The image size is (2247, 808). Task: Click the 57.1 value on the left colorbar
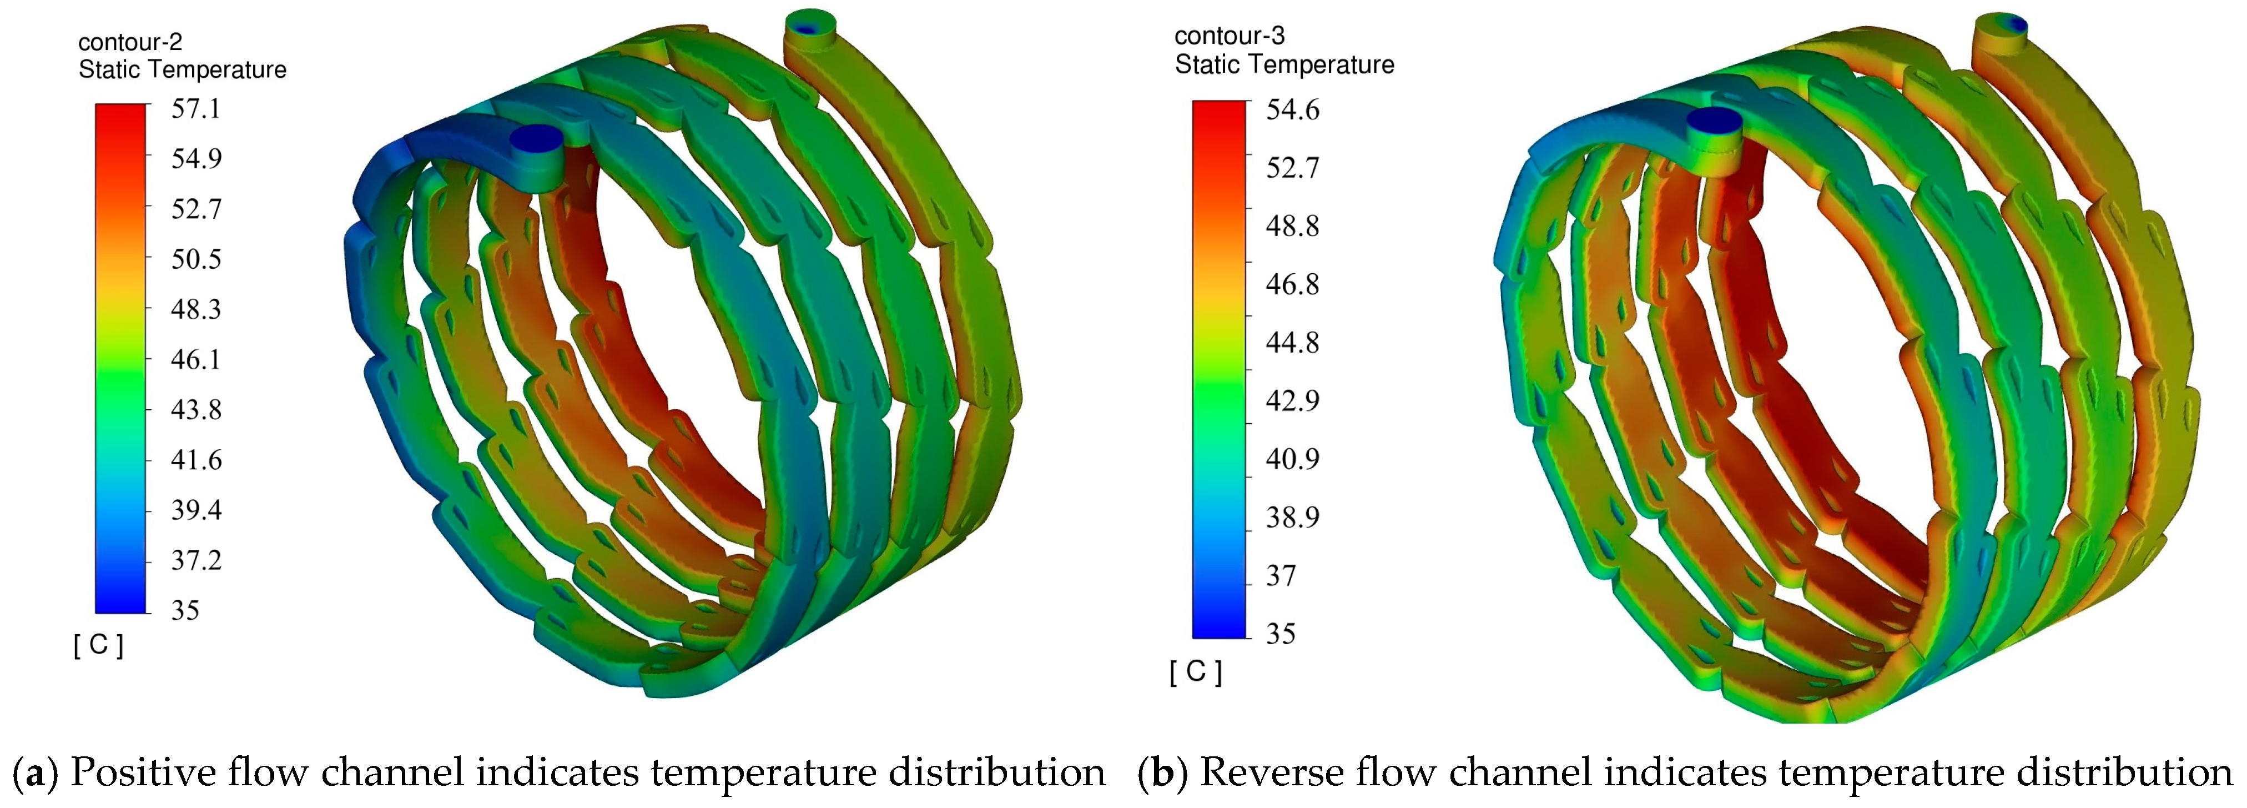coord(195,109)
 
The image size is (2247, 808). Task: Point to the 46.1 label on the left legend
coord(195,359)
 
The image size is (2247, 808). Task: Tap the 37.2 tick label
coord(195,560)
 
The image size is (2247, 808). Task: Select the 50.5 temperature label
coord(195,259)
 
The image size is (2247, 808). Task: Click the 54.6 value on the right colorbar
coord(1292,110)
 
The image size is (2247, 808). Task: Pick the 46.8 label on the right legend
coord(1292,284)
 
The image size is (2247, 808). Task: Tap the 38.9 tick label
coord(1292,518)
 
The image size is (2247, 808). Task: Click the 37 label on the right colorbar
coord(1281,576)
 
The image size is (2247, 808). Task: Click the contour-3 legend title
coord(1229,36)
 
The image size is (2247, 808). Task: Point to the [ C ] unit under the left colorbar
coord(99,646)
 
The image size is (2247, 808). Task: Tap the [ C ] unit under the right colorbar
coord(1195,672)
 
